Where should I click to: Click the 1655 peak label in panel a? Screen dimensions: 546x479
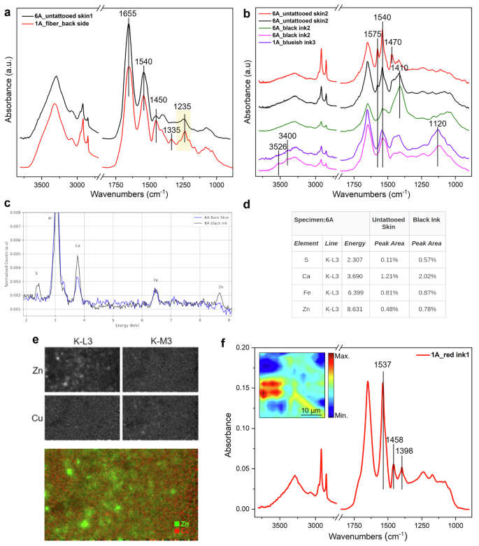pyautogui.click(x=128, y=13)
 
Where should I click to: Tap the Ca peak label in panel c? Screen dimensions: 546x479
pyautogui.click(x=77, y=246)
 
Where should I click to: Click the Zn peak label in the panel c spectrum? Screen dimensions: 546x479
pyautogui.click(x=221, y=287)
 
